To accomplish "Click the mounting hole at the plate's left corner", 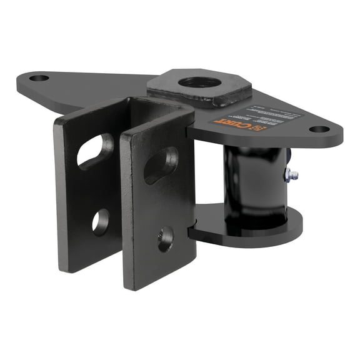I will tap(39, 79).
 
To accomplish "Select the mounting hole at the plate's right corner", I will tap(319, 129).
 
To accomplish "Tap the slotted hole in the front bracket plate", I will tap(161, 164).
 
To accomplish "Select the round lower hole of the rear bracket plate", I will tap(100, 221).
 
